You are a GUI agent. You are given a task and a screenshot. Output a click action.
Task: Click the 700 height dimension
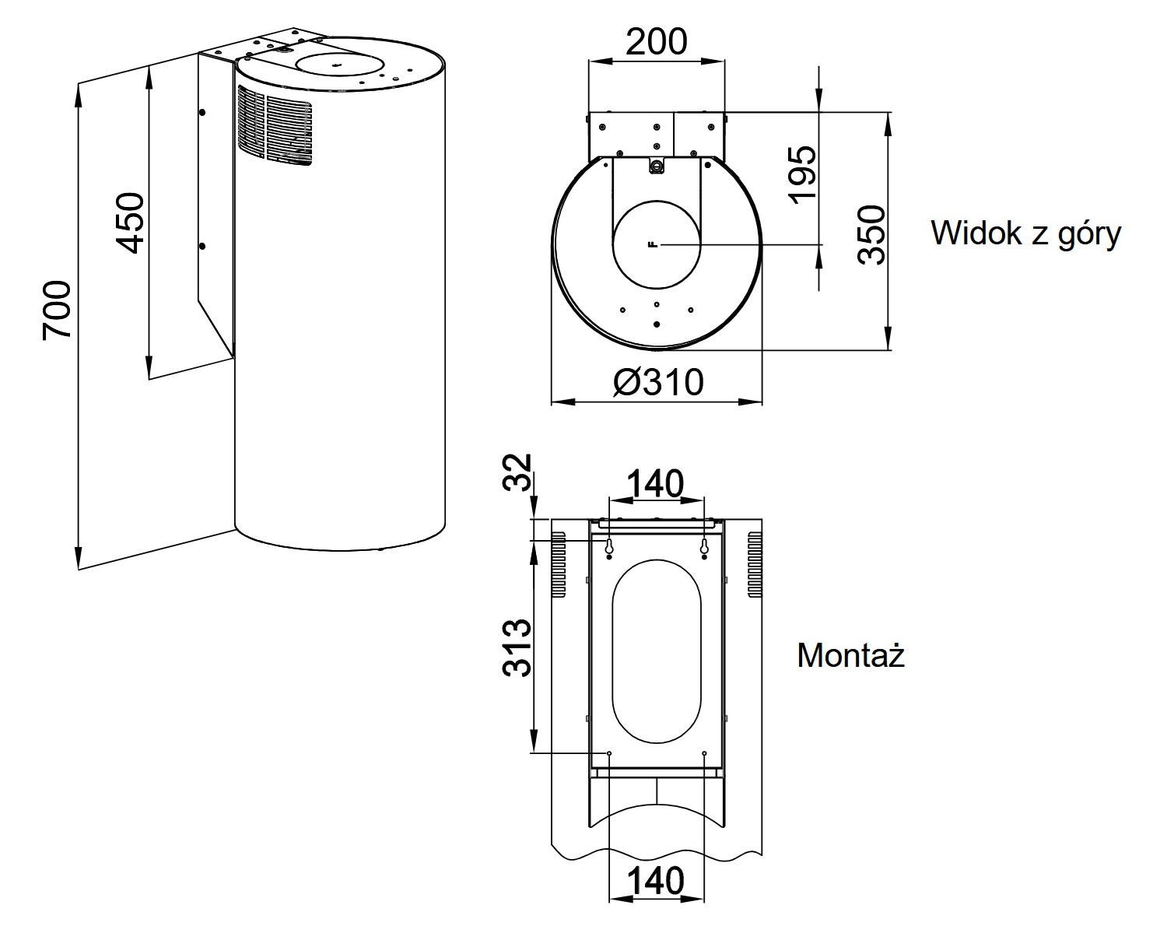[58, 310]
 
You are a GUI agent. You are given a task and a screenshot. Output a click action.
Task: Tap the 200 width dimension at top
[656, 41]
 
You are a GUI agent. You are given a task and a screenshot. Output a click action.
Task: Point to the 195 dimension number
[803, 174]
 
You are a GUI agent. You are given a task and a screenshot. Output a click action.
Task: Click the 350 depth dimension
[872, 235]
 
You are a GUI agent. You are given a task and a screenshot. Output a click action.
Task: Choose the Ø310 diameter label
[657, 382]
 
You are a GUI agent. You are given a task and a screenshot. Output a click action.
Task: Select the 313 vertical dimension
[517, 647]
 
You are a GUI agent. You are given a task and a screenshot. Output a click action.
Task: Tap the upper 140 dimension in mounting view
[656, 484]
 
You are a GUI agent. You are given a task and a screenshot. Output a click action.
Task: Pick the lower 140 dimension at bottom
[656, 881]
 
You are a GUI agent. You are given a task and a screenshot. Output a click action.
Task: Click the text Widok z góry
[1025, 233]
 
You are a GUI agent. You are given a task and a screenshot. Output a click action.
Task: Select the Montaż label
[851, 656]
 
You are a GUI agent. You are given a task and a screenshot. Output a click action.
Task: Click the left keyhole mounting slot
[609, 548]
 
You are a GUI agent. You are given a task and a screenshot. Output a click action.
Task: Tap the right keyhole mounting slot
[704, 548]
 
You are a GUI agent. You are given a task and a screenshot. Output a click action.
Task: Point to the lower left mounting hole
[609, 753]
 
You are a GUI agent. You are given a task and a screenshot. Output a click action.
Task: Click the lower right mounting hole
[704, 753]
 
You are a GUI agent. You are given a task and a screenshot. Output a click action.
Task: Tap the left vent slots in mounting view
[559, 564]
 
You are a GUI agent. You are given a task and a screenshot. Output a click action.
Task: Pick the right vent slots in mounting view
[755, 564]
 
